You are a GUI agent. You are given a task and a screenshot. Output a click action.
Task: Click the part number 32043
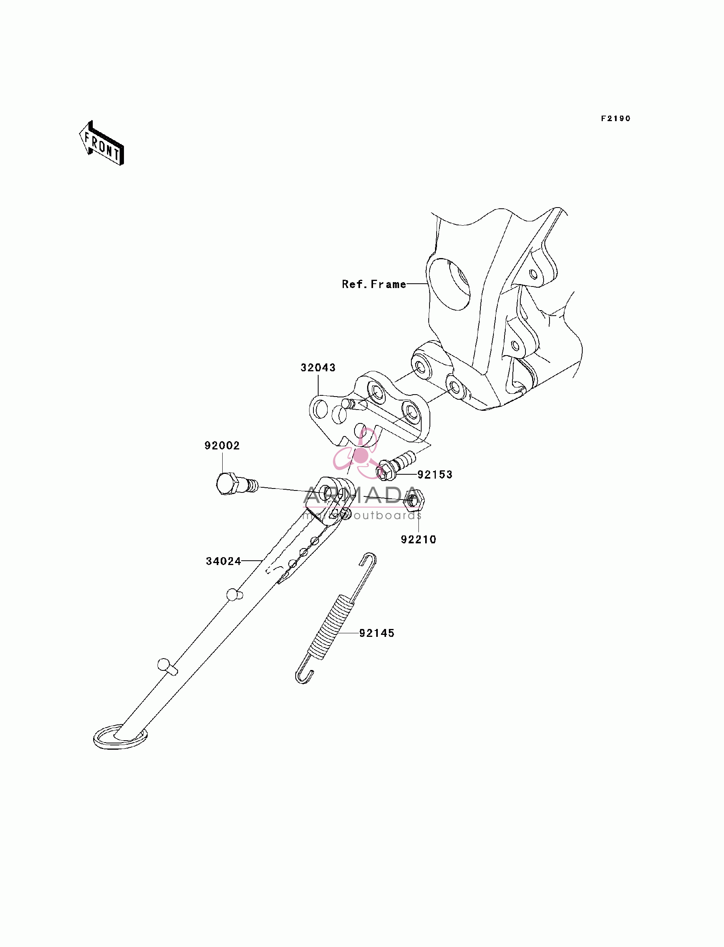318,367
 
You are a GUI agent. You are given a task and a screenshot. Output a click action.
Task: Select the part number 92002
222,445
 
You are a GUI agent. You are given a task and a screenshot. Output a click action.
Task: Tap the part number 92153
435,475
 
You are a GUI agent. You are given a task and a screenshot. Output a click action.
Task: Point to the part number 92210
418,540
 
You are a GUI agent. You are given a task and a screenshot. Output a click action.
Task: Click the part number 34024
223,561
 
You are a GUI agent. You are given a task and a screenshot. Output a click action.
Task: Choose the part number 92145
377,633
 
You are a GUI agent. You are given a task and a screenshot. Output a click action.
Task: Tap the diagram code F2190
616,118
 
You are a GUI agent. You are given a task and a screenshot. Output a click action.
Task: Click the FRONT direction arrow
102,143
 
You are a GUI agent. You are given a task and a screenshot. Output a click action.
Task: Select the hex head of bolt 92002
227,484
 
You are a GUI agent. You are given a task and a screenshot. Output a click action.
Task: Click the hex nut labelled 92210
414,500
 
